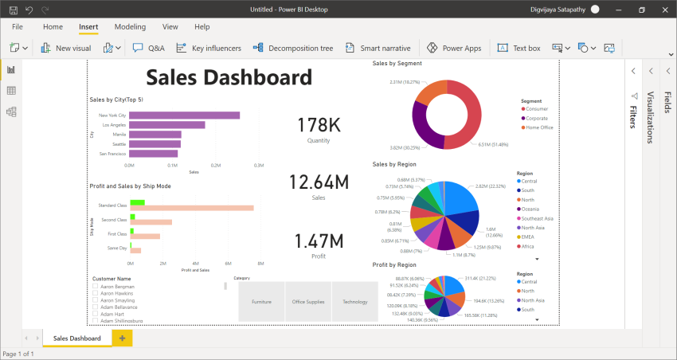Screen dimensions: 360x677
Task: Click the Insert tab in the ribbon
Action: pos(88,27)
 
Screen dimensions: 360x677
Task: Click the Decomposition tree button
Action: pos(293,49)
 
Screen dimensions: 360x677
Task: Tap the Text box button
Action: pos(519,49)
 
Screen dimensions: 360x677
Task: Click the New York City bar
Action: pos(184,115)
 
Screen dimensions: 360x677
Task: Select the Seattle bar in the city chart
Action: pos(155,144)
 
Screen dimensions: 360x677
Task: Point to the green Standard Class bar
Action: pos(136,202)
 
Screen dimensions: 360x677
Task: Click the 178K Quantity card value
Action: pos(319,125)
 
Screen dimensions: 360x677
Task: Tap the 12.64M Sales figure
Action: pos(319,182)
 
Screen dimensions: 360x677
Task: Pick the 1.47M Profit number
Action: pos(319,241)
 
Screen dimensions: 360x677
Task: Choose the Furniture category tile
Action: pos(261,302)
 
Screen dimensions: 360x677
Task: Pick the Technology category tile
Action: pos(355,302)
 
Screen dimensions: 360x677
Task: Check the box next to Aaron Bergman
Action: pos(96,286)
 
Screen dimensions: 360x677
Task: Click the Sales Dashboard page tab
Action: pos(76,338)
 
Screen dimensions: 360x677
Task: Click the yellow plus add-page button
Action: pos(122,338)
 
